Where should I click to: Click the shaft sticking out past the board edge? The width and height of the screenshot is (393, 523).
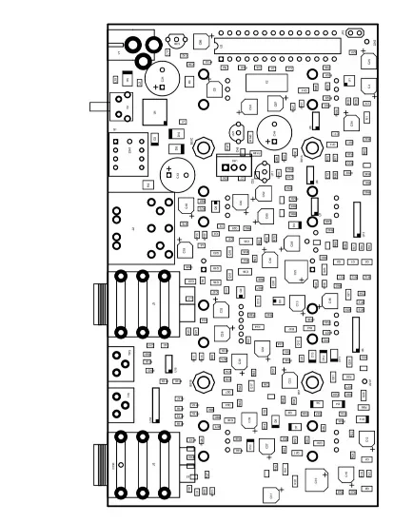[97, 107]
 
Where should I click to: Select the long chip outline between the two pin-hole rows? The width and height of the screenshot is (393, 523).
[276, 45]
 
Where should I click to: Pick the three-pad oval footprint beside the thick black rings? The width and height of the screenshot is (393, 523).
[176, 40]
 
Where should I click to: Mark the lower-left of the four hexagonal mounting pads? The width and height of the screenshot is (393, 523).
[203, 384]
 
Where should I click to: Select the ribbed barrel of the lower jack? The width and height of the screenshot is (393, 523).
[98, 465]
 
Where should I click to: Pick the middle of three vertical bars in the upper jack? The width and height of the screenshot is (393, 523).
[143, 304]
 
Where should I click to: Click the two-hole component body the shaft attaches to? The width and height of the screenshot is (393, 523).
[121, 106]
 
